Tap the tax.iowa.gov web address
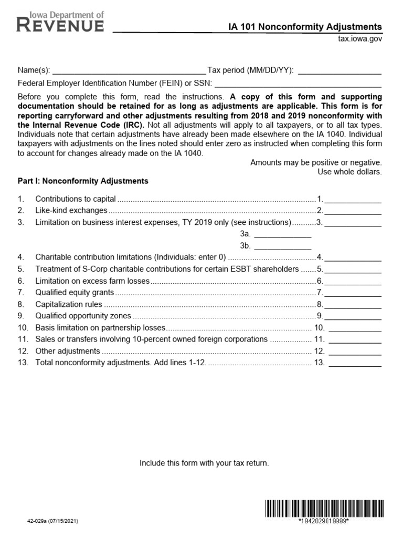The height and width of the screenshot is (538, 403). pos(359,39)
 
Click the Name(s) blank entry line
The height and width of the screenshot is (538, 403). pos(129,70)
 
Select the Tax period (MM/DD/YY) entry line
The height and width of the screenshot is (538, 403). pos(340,70)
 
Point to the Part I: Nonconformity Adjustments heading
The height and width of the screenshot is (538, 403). pos(83,181)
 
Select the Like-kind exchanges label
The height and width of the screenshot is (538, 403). pos(71,211)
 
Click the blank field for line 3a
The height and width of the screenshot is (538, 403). pos(283,234)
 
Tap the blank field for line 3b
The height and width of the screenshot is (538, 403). pos(283,246)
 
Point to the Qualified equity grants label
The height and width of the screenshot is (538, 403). pos(75,293)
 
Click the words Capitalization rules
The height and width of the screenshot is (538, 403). pos(68,304)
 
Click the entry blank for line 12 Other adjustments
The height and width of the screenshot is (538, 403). pos(355,351)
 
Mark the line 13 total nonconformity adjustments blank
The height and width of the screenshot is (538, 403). pos(355,363)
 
